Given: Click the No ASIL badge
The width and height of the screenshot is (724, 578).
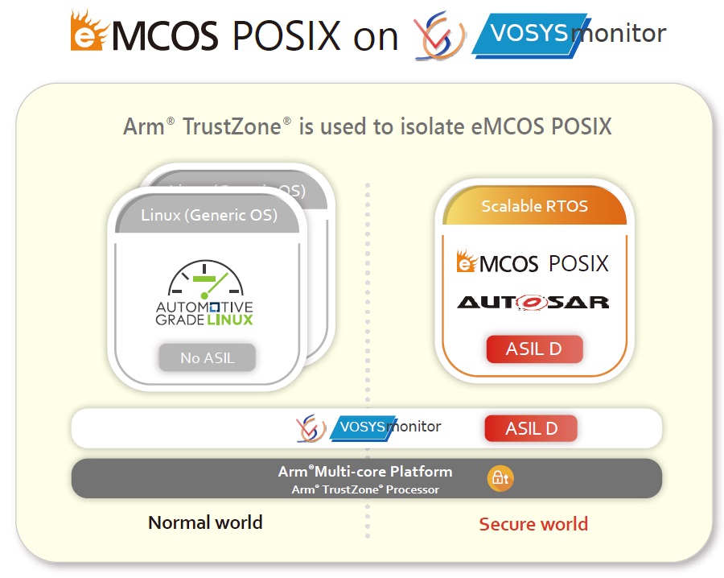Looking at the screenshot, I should click(207, 357).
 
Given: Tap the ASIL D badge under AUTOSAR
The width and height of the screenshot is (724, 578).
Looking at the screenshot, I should click(534, 350).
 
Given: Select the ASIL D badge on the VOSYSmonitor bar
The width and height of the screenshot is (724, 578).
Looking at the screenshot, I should click(531, 428).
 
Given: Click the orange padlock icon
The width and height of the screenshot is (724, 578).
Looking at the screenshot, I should click(500, 478).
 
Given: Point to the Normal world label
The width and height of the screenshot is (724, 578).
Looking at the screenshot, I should click(205, 522).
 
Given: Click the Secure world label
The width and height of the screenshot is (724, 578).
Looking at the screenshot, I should click(533, 524).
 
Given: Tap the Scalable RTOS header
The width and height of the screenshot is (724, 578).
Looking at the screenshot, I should click(534, 206).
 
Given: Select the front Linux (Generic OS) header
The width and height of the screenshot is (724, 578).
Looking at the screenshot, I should click(208, 215).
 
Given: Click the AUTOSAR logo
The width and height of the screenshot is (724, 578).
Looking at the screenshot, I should click(533, 302).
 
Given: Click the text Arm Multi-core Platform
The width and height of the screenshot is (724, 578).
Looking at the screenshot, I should click(365, 472).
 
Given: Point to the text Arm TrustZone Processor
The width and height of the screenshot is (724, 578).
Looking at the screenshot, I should click(365, 489).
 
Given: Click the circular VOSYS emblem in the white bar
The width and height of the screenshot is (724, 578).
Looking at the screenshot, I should click(311, 428).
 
